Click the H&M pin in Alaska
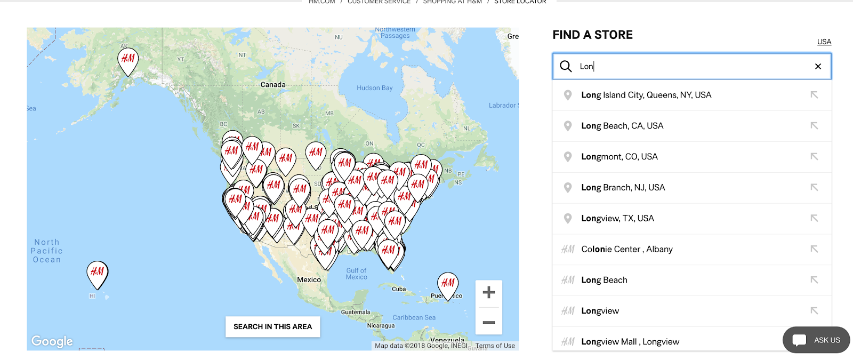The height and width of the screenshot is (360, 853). (128, 59)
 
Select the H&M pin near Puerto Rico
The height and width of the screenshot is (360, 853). (448, 283)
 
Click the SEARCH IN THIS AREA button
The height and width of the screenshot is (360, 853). (272, 326)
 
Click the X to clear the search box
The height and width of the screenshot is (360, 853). (818, 66)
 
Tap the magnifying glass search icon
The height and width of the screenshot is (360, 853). (566, 66)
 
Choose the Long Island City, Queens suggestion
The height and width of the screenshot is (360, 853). (646, 95)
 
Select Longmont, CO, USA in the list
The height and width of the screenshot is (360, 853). (619, 157)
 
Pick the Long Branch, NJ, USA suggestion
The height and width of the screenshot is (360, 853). (623, 188)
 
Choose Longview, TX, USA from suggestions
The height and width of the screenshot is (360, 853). (617, 219)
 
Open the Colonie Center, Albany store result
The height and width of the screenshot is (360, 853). (627, 249)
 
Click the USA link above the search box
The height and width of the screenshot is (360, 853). (824, 42)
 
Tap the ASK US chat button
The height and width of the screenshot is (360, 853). (816, 340)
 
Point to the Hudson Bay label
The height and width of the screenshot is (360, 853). (374, 88)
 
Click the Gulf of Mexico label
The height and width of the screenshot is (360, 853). (356, 274)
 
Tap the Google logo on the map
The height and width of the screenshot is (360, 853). (52, 341)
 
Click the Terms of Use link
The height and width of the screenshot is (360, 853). (495, 346)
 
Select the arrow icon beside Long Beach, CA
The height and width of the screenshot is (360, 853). (814, 126)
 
